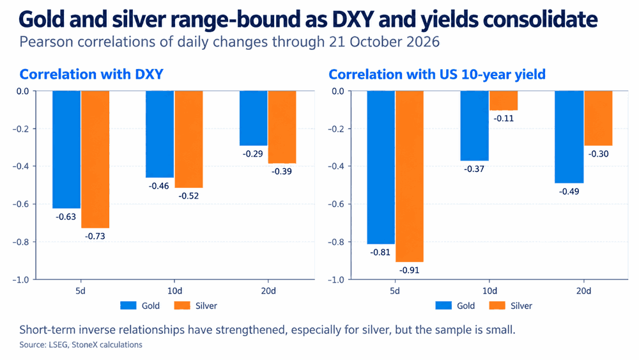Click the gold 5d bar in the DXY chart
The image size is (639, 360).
pyautogui.click(x=66, y=150)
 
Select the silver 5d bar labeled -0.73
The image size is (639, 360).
pyautogui.click(x=95, y=159)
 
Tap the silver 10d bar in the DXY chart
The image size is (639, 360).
pyautogui.click(x=189, y=139)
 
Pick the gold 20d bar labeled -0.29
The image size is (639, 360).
pyautogui.click(x=254, y=118)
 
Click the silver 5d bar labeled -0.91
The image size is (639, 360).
pyautogui.click(x=410, y=176)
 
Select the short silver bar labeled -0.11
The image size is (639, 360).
pyautogui.click(x=504, y=100)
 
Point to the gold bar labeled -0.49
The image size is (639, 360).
pyautogui.click(x=569, y=137)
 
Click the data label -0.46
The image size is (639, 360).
pyautogui.click(x=159, y=186)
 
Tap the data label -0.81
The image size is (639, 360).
pyautogui.click(x=380, y=253)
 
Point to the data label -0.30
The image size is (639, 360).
pyautogui.click(x=598, y=153)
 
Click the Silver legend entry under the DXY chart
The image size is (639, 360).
pyautogui.click(x=196, y=306)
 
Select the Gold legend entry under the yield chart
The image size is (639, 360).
pyautogui.click(x=455, y=306)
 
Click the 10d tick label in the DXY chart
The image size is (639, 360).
pyautogui.click(x=175, y=291)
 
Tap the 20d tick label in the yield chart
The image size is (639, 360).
pyautogui.click(x=583, y=291)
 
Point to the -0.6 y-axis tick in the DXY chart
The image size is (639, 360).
pyautogui.click(x=21, y=204)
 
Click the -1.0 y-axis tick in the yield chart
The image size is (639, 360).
pyautogui.click(x=336, y=279)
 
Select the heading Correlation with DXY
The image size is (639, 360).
pyautogui.click(x=91, y=74)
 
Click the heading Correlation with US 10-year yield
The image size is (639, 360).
pyautogui.click(x=437, y=74)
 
